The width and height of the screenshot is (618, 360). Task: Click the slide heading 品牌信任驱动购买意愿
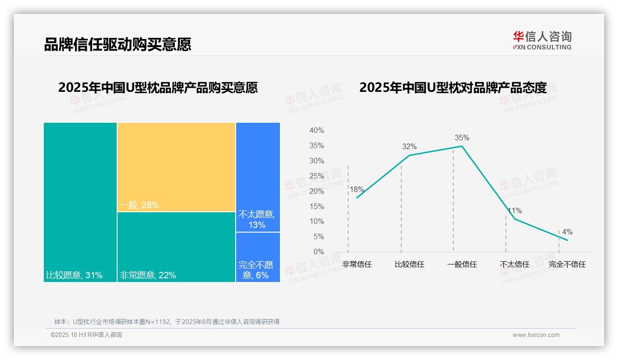pos(117,45)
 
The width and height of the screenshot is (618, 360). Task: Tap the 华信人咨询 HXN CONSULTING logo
pos(542,41)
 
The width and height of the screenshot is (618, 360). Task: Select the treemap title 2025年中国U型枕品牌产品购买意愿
pos(158,87)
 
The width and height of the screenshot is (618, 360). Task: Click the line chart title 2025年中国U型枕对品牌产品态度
pos(453,87)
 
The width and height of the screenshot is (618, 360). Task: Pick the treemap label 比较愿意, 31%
pos(74,276)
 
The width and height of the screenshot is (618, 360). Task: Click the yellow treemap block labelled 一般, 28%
pos(176,167)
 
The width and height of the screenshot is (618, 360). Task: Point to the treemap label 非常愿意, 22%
pos(148,276)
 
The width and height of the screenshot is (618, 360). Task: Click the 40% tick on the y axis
pos(316,131)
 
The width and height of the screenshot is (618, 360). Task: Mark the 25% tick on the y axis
pos(316,176)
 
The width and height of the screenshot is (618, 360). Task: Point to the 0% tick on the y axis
pos(318,252)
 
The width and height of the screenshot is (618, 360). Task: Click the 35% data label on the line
pos(462,138)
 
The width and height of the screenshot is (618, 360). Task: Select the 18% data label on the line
pos(357,189)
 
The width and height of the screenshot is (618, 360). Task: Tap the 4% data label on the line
pos(567,232)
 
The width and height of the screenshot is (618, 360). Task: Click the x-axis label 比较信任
pos(410,264)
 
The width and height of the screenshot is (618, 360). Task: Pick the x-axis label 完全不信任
pos(567,264)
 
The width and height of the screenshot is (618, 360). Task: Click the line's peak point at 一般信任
pos(462,146)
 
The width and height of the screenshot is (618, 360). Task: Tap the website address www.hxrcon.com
pos(536,335)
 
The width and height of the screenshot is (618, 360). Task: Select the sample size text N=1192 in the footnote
pos(158,322)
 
